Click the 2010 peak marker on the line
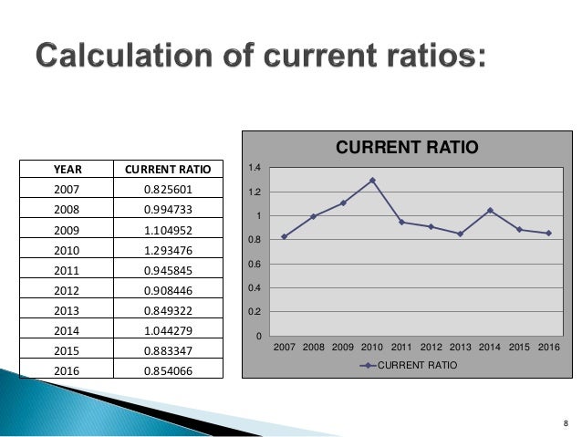(x=373, y=181)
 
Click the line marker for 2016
(x=547, y=234)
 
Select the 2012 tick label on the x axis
(x=432, y=348)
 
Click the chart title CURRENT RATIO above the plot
(x=408, y=146)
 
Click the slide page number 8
(x=566, y=422)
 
